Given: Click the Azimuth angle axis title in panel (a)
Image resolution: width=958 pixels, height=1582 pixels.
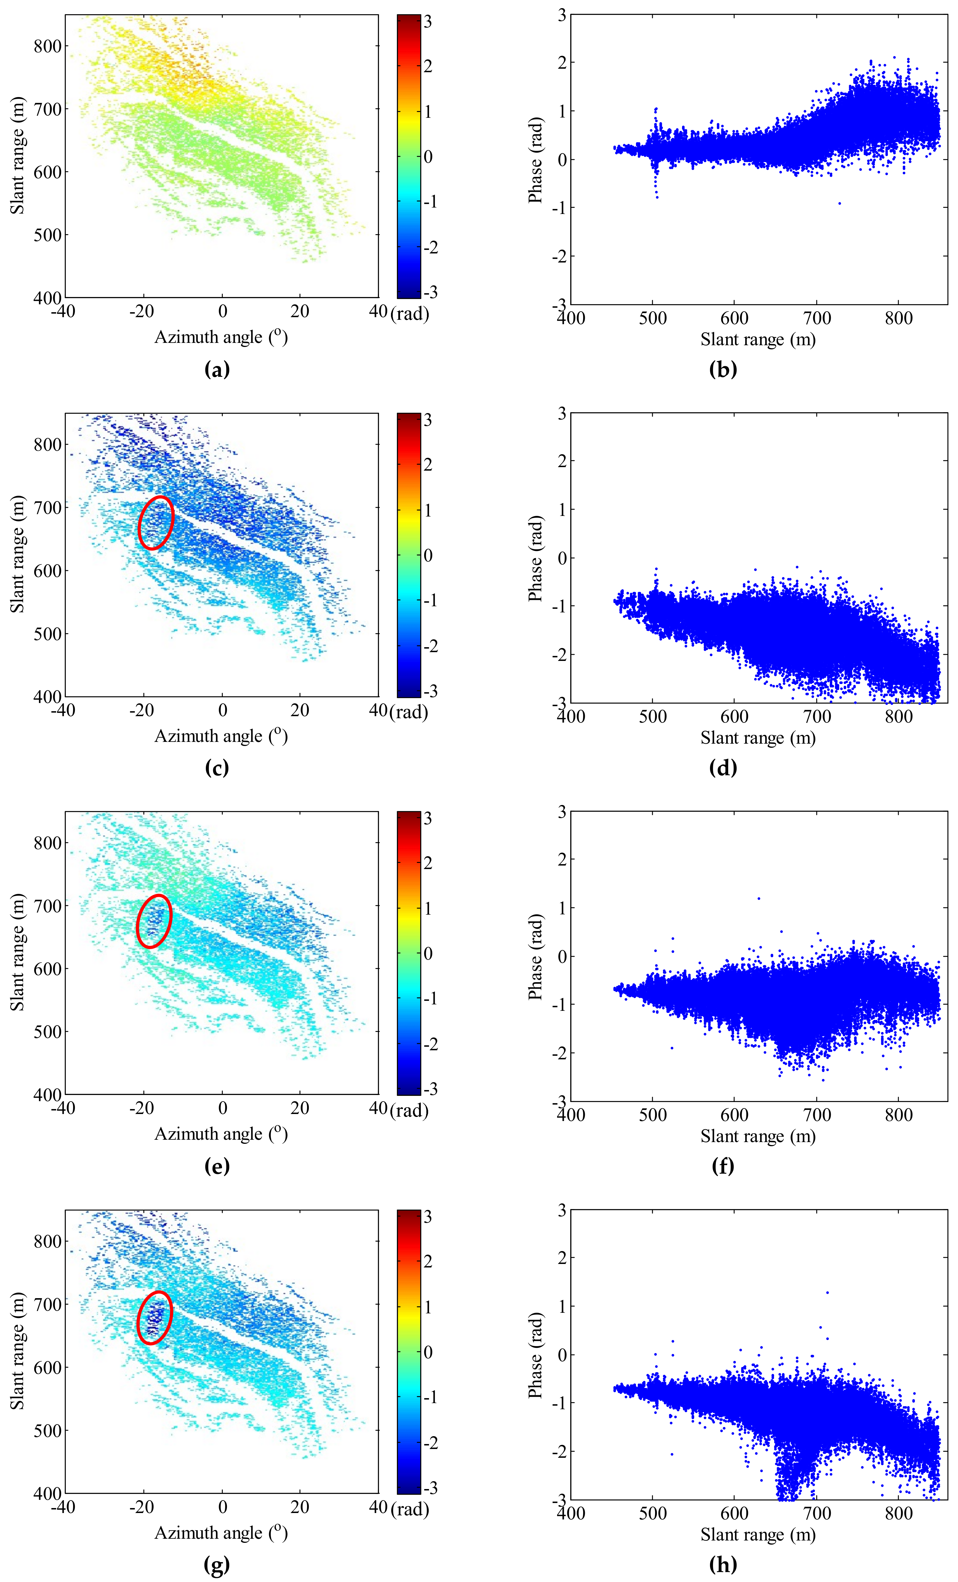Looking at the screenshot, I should pos(221,337).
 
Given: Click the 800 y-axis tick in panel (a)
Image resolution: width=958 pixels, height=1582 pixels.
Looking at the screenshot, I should pos(47,46).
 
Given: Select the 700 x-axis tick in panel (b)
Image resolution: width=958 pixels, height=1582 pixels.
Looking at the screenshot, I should pos(817,318).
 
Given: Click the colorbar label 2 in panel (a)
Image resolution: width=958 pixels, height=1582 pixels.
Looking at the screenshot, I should pos(428,66).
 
